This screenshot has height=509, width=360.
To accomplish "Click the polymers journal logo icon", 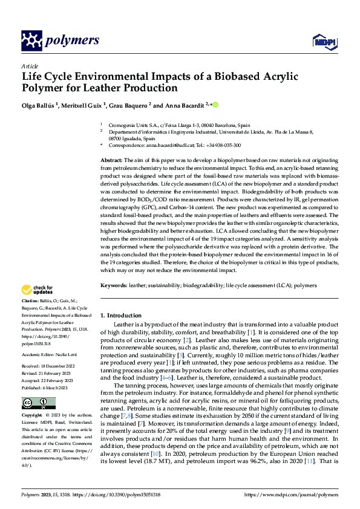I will point(30,41).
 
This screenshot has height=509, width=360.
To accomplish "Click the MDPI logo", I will point(324,41).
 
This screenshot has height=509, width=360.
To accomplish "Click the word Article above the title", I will point(29,66).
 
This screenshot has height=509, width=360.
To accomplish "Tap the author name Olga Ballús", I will point(39,105).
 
